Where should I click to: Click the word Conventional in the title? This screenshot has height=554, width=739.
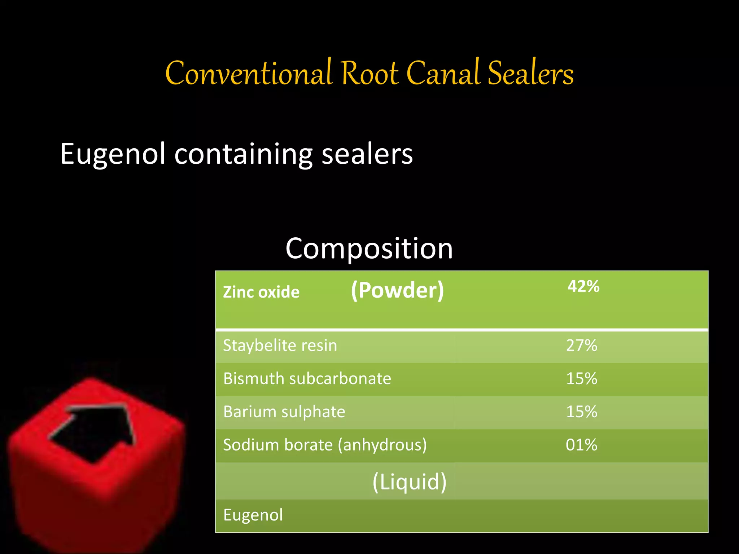coord(248,74)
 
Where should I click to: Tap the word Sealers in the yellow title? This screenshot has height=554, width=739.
coord(530,74)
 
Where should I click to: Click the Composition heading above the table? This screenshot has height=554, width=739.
coord(369,249)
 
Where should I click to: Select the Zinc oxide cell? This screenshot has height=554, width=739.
coord(261,292)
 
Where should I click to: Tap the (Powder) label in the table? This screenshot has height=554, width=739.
coord(397,290)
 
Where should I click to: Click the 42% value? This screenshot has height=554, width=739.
coord(583,286)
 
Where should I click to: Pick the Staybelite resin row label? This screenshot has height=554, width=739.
coord(280,346)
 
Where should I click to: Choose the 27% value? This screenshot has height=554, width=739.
coord(581,346)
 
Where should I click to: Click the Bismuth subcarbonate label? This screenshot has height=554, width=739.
coord(307,379)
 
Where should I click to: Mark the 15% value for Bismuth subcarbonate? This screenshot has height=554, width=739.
coord(581,379)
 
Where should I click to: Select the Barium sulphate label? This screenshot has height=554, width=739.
coord(284,412)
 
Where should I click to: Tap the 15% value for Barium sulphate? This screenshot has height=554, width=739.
coord(581,412)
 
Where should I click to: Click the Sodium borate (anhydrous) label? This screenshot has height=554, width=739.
coord(325,445)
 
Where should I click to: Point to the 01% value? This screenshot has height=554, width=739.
coord(581,445)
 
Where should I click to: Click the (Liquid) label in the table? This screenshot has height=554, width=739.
coord(409,482)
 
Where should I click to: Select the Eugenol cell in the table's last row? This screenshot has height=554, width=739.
coord(253,515)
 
